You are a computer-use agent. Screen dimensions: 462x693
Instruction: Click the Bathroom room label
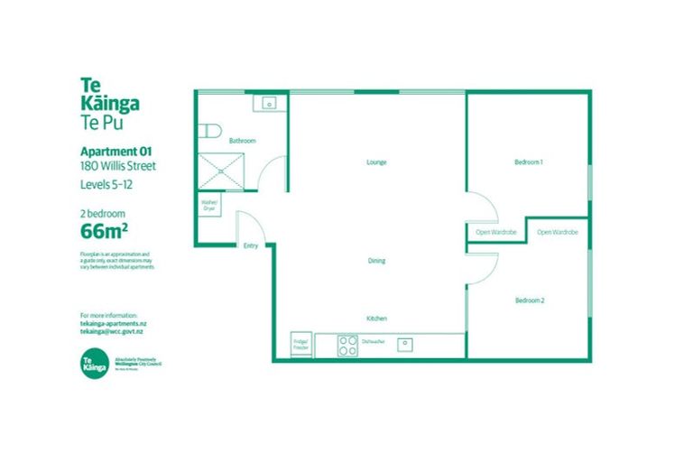[242, 141]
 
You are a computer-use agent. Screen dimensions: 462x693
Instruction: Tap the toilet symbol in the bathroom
[209, 132]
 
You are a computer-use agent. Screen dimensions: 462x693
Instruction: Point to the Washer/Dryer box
[209, 204]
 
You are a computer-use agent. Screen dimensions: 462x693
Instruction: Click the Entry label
[250, 245]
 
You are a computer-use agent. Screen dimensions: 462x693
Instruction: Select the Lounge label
[376, 162]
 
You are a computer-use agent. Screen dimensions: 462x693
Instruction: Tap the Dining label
[376, 261]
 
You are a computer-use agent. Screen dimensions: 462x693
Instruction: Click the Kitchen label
[376, 319]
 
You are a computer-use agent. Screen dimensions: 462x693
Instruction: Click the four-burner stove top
[347, 345]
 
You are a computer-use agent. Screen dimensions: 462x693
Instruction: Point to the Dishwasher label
[374, 342]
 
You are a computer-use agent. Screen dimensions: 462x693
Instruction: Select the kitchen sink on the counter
[407, 343]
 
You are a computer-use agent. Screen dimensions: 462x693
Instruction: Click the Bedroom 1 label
[528, 162]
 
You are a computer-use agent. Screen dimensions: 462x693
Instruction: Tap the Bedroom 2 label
[529, 300]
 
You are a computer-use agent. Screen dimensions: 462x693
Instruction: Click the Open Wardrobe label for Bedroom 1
[495, 233]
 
